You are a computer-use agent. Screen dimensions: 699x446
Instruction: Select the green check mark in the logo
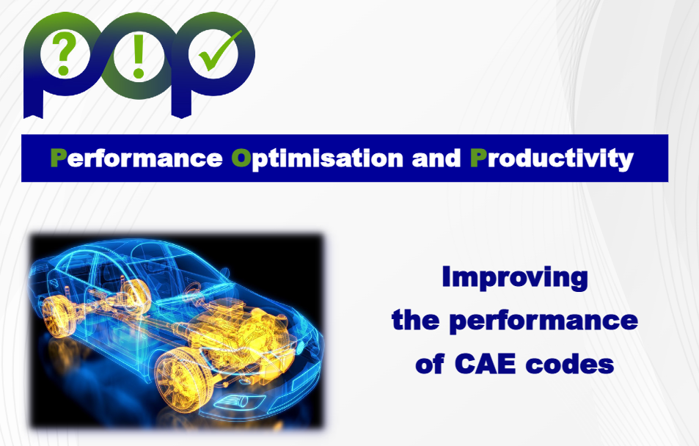pyautogui.click(x=220, y=51)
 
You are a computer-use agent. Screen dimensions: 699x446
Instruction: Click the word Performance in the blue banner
pyautogui.click(x=136, y=158)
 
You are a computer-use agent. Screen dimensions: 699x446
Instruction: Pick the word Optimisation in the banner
pyautogui.click(x=318, y=158)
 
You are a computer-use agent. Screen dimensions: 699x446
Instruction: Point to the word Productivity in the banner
pyautogui.click(x=552, y=158)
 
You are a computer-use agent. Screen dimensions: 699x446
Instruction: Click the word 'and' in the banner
pyautogui.click(x=436, y=158)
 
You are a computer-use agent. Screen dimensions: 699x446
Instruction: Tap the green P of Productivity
pyautogui.click(x=479, y=158)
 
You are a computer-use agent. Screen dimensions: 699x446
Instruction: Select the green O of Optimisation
pyautogui.click(x=241, y=158)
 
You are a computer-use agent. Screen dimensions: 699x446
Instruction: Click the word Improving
pyautogui.click(x=515, y=278)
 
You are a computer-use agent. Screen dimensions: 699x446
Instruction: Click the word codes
pyautogui.click(x=570, y=364)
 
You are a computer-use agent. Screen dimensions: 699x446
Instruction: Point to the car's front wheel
pyautogui.click(x=181, y=379)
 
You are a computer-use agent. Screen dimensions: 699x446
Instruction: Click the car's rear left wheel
pyautogui.click(x=56, y=316)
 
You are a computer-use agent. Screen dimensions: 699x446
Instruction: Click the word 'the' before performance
pyautogui.click(x=415, y=321)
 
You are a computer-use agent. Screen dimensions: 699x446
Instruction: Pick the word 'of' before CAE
pyautogui.click(x=430, y=364)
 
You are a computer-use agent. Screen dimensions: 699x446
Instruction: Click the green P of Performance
pyautogui.click(x=59, y=158)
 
